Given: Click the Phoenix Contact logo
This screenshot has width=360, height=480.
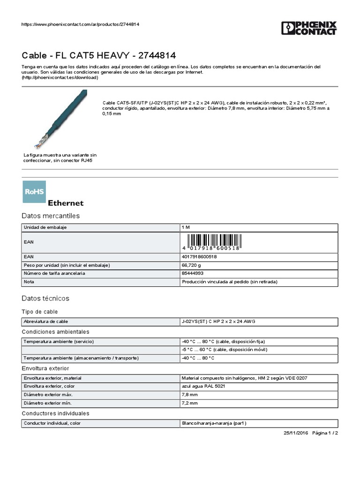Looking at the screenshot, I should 309,28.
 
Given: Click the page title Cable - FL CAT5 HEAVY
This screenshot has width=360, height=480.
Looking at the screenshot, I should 99,55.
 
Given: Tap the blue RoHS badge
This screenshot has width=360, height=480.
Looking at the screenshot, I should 34,192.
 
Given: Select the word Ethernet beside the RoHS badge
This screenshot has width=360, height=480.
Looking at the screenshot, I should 66,203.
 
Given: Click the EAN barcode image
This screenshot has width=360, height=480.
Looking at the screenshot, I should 211,242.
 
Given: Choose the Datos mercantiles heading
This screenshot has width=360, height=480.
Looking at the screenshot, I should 51,216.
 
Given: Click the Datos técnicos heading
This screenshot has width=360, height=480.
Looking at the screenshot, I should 45,298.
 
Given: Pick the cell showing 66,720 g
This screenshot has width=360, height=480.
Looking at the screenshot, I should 192,265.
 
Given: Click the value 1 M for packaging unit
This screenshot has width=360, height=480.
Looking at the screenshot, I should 186,227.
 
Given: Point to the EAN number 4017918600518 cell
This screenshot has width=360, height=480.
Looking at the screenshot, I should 199,257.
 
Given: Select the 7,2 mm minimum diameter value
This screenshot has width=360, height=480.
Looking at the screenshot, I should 190,403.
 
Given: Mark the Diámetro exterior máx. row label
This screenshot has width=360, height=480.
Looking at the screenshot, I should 48,395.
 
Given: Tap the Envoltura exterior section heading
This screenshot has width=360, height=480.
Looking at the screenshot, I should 45,368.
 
